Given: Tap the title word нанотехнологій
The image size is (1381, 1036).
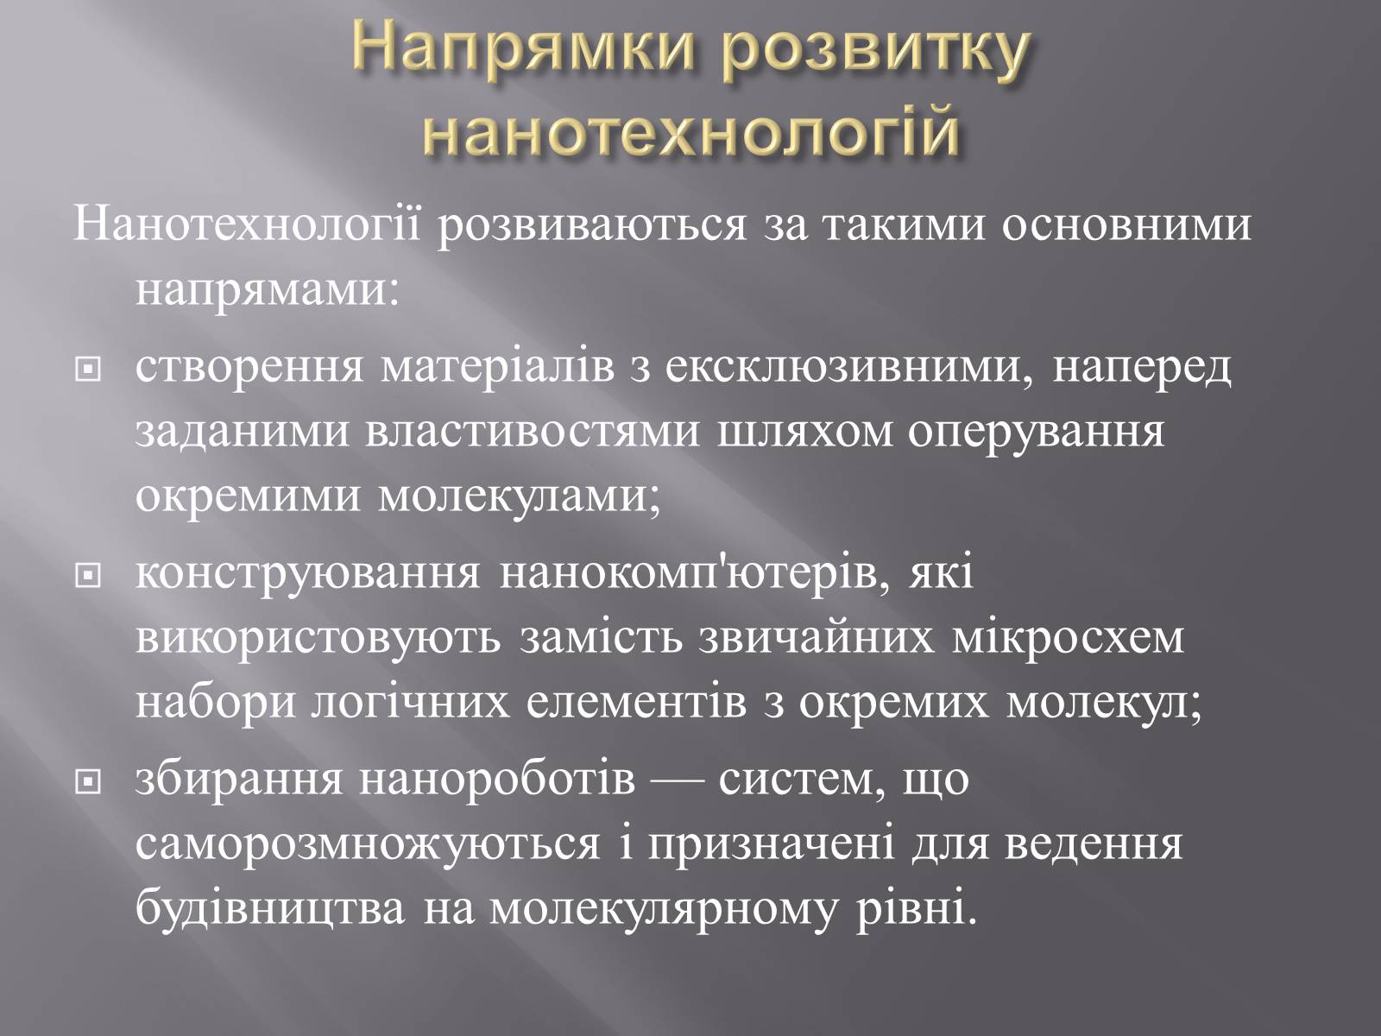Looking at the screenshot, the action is pyautogui.click(x=690, y=131).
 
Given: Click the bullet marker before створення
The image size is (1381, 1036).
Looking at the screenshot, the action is pyautogui.click(x=87, y=370).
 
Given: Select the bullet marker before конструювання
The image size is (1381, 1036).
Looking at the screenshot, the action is pyautogui.click(x=87, y=575).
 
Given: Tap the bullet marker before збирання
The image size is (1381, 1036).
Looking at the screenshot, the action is pyautogui.click(x=87, y=781).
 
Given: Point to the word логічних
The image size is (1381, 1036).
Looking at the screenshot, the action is pyautogui.click(x=410, y=704).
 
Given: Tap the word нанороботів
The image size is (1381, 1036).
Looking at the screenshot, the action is pyautogui.click(x=498, y=780).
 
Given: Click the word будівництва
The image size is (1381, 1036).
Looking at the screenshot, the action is pyautogui.click(x=270, y=910).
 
